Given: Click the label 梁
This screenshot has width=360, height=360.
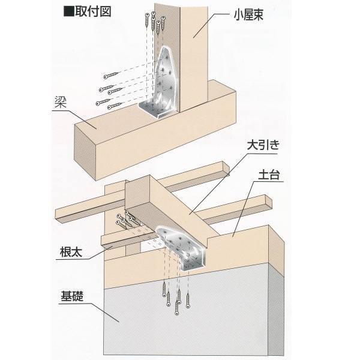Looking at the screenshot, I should pos(58,106).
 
